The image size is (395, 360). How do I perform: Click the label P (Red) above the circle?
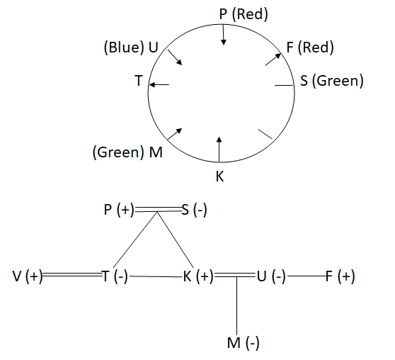(x=244, y=14)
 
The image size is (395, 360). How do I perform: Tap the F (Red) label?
(x=310, y=47)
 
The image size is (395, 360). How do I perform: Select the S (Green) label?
(x=332, y=81)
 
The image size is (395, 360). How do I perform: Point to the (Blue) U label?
(x=131, y=47)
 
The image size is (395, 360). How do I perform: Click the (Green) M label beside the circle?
(x=127, y=152)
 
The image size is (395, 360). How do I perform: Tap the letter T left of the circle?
(x=139, y=81)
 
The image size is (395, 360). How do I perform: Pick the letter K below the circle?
(x=219, y=176)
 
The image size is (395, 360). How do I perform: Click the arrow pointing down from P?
(x=223, y=35)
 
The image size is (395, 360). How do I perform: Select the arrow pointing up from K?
(x=219, y=150)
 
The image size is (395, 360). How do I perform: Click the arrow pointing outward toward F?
(x=273, y=60)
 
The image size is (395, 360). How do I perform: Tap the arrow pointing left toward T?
(x=159, y=84)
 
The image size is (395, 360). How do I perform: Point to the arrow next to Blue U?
(x=175, y=57)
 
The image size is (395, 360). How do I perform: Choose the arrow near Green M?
(x=175, y=134)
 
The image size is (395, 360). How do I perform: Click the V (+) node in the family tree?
(x=28, y=276)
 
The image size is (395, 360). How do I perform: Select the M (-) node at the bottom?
(x=243, y=343)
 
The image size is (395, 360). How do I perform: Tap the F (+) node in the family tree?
(x=340, y=276)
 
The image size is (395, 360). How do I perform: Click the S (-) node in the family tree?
(x=194, y=210)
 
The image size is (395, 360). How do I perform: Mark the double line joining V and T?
(x=72, y=274)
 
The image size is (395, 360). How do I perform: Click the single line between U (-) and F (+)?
(x=307, y=276)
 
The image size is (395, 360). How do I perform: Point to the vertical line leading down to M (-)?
(x=236, y=306)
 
